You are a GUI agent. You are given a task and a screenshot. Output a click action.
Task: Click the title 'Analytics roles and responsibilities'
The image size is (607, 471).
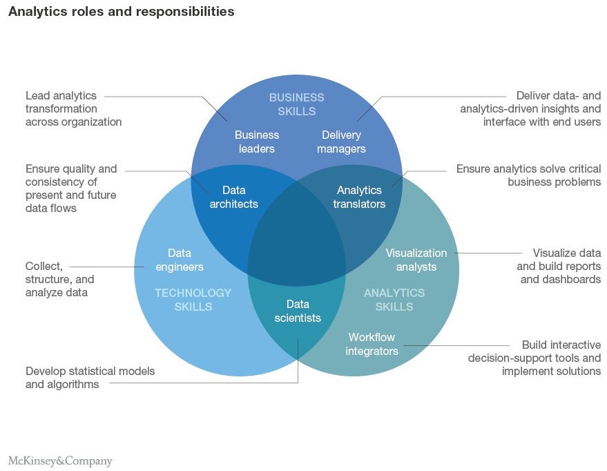pyautogui.click(x=121, y=12)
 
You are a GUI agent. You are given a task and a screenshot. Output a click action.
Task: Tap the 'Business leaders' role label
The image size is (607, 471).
pyautogui.click(x=257, y=142)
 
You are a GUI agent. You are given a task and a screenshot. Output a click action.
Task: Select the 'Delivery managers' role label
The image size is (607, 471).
pyautogui.click(x=341, y=142)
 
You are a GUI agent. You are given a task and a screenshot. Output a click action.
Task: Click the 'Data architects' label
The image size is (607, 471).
pyautogui.click(x=233, y=197)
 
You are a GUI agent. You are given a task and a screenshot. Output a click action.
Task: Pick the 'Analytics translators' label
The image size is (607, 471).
pyautogui.click(x=359, y=197)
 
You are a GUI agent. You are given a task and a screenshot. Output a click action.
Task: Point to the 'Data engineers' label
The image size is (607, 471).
pyautogui.click(x=179, y=260)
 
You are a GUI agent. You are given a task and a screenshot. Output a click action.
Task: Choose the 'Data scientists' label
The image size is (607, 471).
pyautogui.click(x=298, y=311)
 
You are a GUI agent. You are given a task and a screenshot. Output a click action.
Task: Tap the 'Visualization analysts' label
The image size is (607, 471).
pyautogui.click(x=416, y=260)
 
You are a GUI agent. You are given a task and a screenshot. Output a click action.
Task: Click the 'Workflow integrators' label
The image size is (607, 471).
pyautogui.click(x=372, y=344)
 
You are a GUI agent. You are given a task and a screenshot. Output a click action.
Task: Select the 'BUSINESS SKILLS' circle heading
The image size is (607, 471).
pyautogui.click(x=296, y=104)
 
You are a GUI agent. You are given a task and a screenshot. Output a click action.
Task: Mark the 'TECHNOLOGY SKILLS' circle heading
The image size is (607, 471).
pyautogui.click(x=193, y=300)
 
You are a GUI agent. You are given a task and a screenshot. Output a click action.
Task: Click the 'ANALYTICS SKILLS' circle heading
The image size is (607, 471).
pyautogui.click(x=394, y=300)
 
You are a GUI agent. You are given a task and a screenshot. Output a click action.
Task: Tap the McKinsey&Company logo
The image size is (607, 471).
pyautogui.click(x=60, y=461)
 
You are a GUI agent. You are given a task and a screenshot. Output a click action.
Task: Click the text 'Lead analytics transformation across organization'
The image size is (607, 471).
pyautogui.click(x=73, y=108)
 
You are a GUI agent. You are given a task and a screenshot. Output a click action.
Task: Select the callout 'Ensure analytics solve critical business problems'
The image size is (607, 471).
pyautogui.click(x=528, y=175)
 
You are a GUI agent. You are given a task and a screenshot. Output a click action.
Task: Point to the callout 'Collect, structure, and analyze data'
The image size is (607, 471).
pyautogui.click(x=59, y=279)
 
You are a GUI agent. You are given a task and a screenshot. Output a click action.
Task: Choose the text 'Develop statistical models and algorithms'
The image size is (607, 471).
pyautogui.click(x=90, y=377)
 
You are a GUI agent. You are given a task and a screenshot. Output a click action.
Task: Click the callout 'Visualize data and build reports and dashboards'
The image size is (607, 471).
pyautogui.click(x=559, y=266)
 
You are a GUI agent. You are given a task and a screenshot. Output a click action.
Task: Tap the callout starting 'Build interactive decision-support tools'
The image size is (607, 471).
pyautogui.click(x=534, y=357)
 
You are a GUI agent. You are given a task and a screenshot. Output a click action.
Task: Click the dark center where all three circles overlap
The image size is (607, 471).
pyautogui.click(x=296, y=238)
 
